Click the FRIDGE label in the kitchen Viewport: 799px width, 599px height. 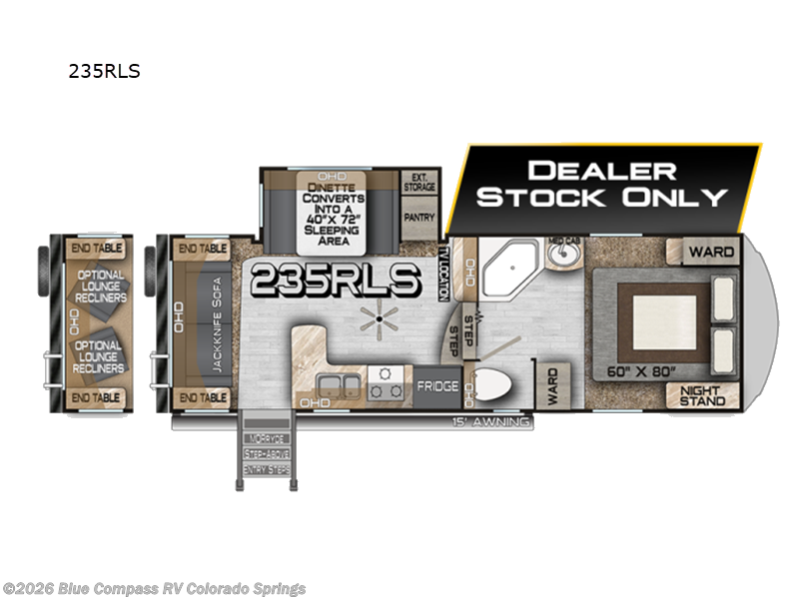point(437,386)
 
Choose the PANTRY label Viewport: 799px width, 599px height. point(419,216)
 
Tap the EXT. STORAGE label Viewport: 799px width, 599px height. point(419,183)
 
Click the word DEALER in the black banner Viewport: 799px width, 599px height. point(601,170)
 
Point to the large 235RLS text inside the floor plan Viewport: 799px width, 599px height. point(334,281)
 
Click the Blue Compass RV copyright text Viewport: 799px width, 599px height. point(154,589)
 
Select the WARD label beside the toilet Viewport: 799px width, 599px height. point(550,384)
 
